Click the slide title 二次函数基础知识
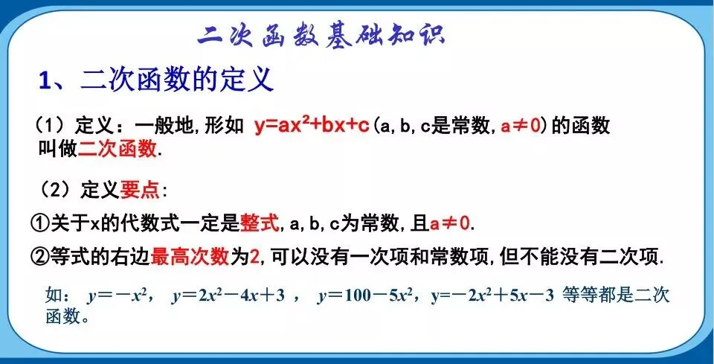[x=321, y=35]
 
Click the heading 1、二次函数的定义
[x=156, y=80]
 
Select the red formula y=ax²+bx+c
[x=312, y=126]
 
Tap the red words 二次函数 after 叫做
[x=118, y=147]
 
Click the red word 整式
[x=259, y=222]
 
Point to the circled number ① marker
[x=39, y=222]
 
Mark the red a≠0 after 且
[x=450, y=222]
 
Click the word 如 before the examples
[x=54, y=296]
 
